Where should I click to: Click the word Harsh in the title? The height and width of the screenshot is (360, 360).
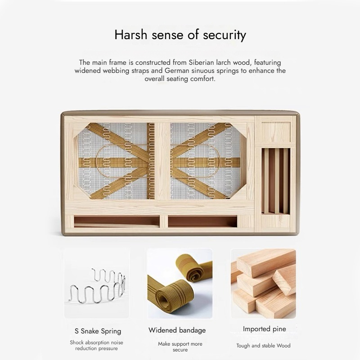click(130, 35)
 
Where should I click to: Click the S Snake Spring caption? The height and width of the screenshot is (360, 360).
click(98, 331)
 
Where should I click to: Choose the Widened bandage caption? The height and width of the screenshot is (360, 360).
click(177, 330)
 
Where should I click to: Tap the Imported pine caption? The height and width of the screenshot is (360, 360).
click(265, 329)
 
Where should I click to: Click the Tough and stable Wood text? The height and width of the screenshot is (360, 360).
click(263, 346)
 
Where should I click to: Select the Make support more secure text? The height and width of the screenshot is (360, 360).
click(180, 346)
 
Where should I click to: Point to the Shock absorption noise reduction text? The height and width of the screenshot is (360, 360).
click(96, 345)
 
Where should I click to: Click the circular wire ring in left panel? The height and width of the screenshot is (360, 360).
click(96, 161)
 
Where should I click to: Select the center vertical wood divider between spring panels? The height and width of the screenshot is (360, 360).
click(162, 161)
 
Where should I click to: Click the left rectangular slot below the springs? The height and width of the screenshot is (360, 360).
click(117, 221)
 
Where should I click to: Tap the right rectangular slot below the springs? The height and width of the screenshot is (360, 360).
click(202, 221)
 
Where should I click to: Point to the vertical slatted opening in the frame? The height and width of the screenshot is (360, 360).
click(276, 181)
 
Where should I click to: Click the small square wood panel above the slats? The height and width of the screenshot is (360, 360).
click(276, 131)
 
